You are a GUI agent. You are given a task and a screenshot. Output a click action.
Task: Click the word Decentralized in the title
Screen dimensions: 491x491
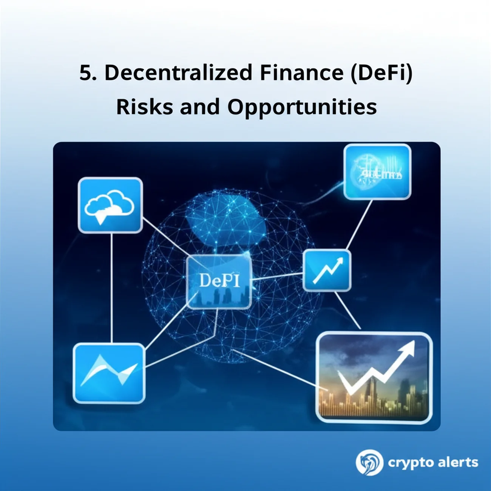click(x=178, y=73)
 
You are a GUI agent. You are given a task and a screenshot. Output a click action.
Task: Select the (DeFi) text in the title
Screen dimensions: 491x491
click(x=381, y=73)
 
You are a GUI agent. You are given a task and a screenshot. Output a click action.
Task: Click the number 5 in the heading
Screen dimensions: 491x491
click(x=85, y=73)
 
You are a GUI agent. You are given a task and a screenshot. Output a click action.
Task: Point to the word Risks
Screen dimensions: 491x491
click(x=144, y=107)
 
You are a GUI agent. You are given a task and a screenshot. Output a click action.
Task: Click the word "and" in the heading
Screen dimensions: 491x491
click(x=200, y=107)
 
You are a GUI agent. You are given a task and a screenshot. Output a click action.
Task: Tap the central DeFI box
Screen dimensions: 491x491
click(x=219, y=281)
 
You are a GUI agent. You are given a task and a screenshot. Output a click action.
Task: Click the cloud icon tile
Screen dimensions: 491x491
click(x=110, y=205)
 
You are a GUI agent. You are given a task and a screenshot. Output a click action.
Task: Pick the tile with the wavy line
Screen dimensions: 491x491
click(x=109, y=373)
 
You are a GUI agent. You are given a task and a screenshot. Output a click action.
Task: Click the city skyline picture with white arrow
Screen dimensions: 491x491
click(x=374, y=377)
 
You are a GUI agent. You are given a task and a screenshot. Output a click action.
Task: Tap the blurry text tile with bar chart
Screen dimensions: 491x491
click(x=377, y=172)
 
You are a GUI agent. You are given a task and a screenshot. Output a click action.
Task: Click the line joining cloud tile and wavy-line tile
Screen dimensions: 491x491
click(x=112, y=287)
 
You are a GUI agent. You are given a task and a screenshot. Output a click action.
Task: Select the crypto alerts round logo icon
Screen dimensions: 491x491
click(x=369, y=462)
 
